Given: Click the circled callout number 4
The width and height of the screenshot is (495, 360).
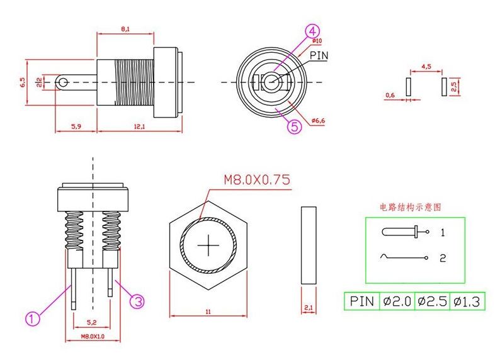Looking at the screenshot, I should [x=313, y=31].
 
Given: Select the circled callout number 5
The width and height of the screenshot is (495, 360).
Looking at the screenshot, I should [x=295, y=126].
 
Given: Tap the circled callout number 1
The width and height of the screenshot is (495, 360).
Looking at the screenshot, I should [x=34, y=318].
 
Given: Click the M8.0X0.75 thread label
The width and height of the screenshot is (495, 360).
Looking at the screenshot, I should [x=257, y=180].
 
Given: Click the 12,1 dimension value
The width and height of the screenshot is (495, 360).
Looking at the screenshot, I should [x=140, y=127].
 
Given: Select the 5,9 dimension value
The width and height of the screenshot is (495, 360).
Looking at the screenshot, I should [x=76, y=127].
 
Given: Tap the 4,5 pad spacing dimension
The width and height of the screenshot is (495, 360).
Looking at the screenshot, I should [x=426, y=66].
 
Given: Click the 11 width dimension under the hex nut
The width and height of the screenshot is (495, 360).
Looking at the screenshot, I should [x=207, y=311].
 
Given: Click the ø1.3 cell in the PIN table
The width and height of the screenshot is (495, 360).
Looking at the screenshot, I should [x=466, y=301].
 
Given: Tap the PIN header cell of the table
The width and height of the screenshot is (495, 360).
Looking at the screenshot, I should [x=362, y=301].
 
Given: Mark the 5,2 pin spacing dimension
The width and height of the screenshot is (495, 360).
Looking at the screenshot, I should [x=92, y=322].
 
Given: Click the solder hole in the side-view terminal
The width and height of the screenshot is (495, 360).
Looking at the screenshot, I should [x=62, y=82].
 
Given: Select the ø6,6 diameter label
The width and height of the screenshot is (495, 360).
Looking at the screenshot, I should [x=317, y=120].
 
